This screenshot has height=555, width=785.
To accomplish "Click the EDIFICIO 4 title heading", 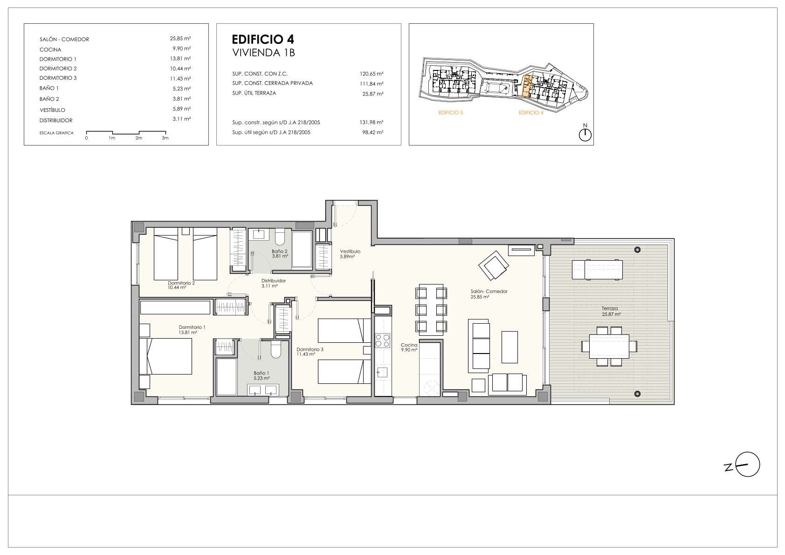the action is pyautogui.click(x=263, y=39).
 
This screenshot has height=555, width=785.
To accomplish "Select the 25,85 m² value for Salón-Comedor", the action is pyautogui.click(x=180, y=39).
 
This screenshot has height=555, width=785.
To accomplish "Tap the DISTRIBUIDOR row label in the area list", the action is pyautogui.click(x=56, y=120).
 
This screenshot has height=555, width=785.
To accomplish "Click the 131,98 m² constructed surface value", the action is pyautogui.click(x=371, y=122).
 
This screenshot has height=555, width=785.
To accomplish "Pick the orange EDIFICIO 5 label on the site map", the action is pyautogui.click(x=450, y=112).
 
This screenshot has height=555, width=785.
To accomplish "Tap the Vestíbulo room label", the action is pyautogui.click(x=350, y=254).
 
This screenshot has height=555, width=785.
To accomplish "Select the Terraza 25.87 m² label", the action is pyautogui.click(x=611, y=312).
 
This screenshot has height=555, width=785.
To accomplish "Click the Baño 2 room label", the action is pyautogui.click(x=280, y=254).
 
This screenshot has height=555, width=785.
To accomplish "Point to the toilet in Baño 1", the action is pyautogui.click(x=276, y=349).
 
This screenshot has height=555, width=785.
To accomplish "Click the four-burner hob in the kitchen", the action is pyautogui.click(x=382, y=340).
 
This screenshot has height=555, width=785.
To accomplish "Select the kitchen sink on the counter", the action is pyautogui.click(x=382, y=372).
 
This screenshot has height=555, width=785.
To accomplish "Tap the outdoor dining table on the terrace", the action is pyautogui.click(x=609, y=346).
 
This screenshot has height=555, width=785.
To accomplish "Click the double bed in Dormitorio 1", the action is pyautogui.click(x=165, y=356).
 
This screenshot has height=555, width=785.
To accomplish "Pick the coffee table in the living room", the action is pyautogui.click(x=510, y=347).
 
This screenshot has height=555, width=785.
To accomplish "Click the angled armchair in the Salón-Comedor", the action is pyautogui.click(x=494, y=265).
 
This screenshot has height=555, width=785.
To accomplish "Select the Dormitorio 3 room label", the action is pyautogui.click(x=310, y=352).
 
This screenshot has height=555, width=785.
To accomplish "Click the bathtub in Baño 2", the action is pyautogui.click(x=302, y=249).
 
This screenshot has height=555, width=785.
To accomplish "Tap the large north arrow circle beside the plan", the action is pyautogui.click(x=748, y=464).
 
